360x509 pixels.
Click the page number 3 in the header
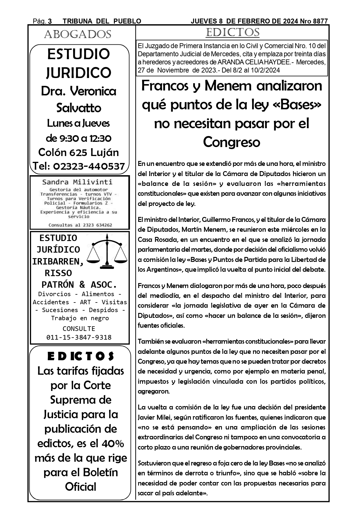pos(50,21)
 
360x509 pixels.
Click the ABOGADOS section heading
pos(77,35)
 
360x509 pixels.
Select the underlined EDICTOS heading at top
pos(232,32)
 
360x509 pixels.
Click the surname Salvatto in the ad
pos(79,108)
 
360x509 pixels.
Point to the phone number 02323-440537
pos(89,166)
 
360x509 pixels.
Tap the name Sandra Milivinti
pos(77,182)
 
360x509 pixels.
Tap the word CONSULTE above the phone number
pos(79,329)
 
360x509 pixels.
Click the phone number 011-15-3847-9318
pos(79,337)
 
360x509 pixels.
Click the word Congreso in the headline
pos(231,142)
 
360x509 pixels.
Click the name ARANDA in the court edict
pos(229,62)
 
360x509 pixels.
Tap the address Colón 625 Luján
pos(79,152)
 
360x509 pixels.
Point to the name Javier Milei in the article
pos(152,417)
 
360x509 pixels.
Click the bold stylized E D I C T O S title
pos(80,356)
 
